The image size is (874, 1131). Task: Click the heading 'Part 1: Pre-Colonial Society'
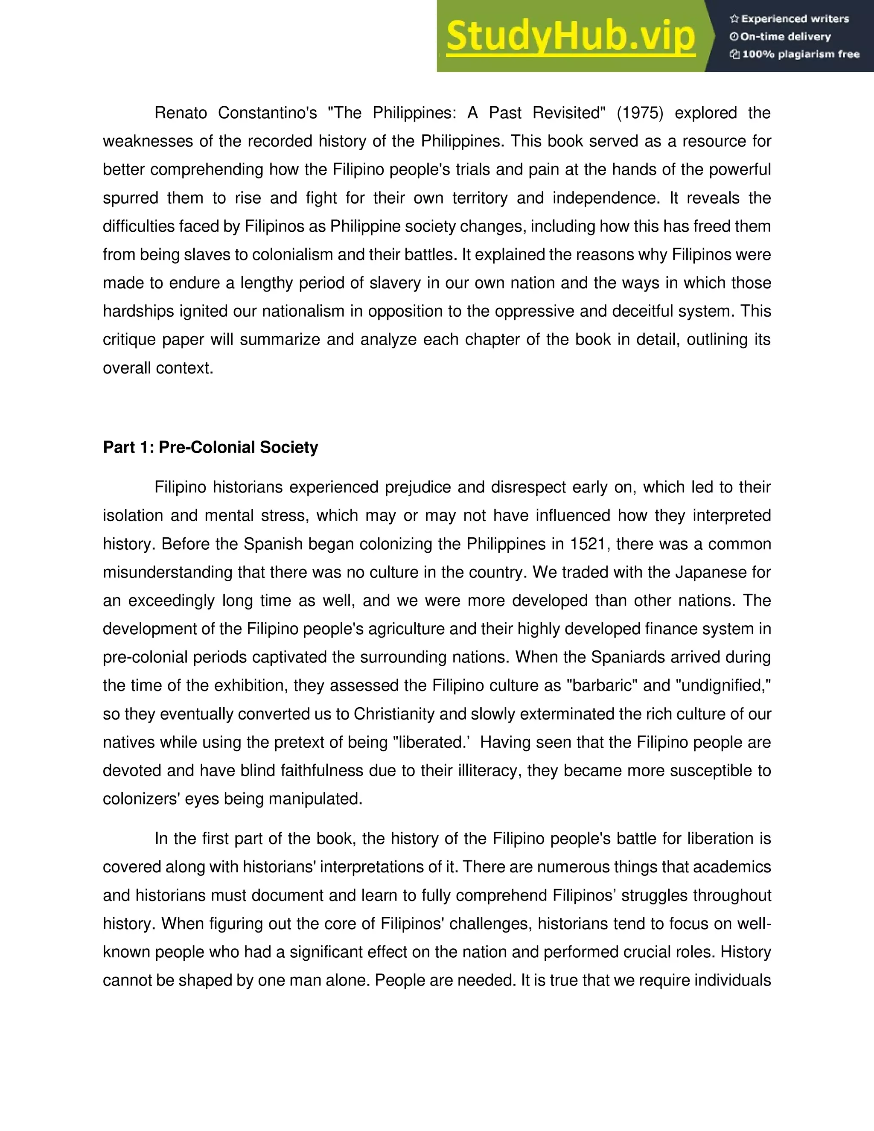coord(210,447)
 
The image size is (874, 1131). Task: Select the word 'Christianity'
coord(395,714)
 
